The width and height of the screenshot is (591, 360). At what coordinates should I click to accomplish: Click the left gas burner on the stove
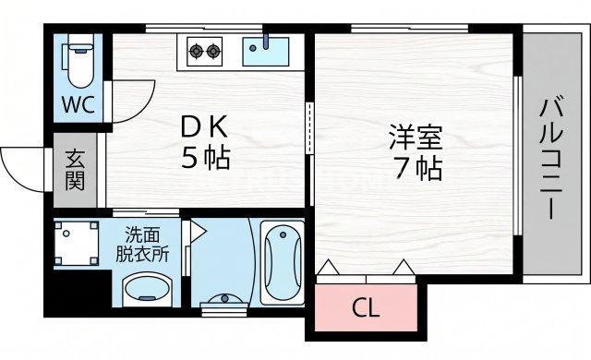(x=196, y=50)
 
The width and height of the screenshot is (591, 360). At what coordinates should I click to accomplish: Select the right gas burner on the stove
(x=213, y=50)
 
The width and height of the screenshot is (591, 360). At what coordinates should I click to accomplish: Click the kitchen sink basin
(x=265, y=51)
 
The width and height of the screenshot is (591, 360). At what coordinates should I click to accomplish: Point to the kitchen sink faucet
(x=266, y=42)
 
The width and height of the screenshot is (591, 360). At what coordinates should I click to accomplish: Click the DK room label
(x=204, y=127)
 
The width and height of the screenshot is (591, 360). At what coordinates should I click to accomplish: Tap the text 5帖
(x=206, y=158)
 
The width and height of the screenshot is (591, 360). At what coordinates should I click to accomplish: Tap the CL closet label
(x=366, y=308)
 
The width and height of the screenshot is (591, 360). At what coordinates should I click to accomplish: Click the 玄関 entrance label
(x=75, y=170)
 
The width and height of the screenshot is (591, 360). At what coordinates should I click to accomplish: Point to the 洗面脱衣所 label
(x=142, y=245)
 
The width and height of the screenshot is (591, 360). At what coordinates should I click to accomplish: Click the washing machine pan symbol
(x=77, y=244)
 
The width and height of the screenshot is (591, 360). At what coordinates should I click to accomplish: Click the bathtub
(x=283, y=261)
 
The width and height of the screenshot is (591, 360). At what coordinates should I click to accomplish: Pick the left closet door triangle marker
(x=328, y=267)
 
